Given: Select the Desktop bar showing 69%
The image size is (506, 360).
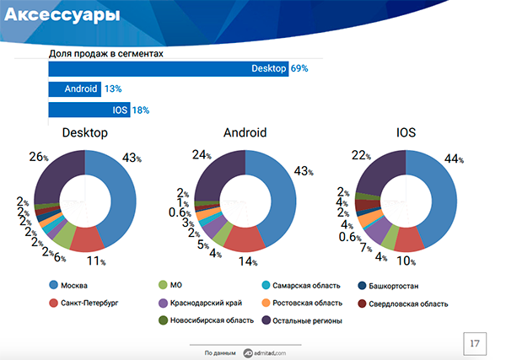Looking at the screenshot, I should coord(169,67).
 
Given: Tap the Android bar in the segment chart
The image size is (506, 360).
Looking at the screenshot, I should coord(74,89).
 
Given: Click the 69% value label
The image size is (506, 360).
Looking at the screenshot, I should coord(299,67).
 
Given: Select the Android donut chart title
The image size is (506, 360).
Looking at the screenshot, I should coord(245,133).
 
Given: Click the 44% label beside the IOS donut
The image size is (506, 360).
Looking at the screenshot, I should coord(478,160).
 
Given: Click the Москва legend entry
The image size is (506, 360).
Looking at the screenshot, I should coord(76,285).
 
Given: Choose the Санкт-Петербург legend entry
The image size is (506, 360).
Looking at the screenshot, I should coord(89,303).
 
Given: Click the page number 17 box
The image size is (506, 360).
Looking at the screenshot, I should coord(475,344).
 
